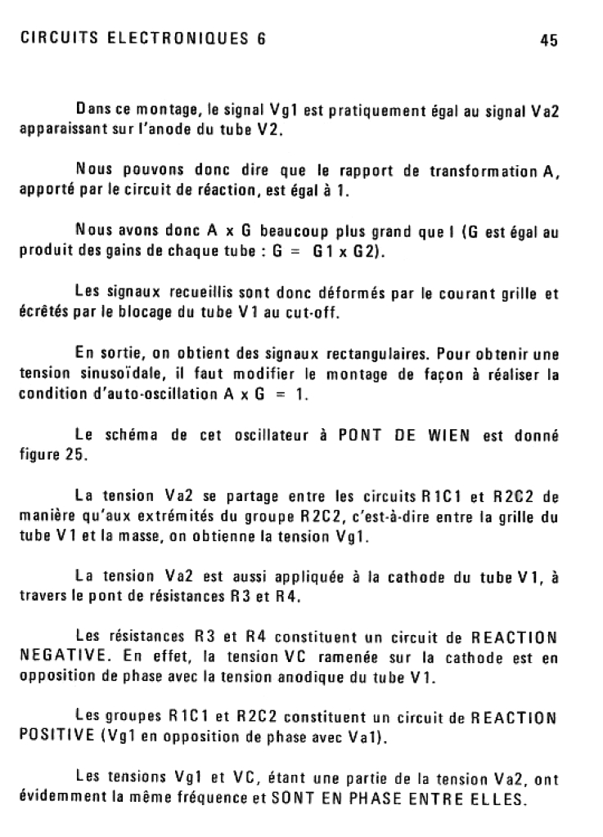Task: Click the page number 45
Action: tap(548, 41)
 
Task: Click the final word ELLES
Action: tap(499, 797)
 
